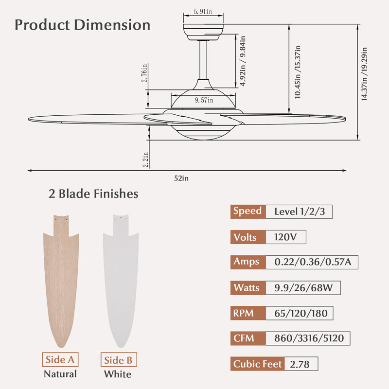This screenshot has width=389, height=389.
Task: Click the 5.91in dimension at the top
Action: pyautogui.click(x=203, y=11)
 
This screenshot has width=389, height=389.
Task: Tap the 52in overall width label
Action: pyautogui.click(x=181, y=178)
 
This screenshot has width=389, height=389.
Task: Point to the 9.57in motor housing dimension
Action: pyautogui.click(x=204, y=100)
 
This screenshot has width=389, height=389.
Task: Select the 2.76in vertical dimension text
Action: pyautogui.click(x=144, y=72)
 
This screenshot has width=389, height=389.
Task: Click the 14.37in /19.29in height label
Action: pyautogui.click(x=364, y=74)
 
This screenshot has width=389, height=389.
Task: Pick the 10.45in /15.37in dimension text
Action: pyautogui.click(x=298, y=72)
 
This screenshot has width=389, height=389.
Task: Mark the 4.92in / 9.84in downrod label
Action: pyautogui.click(x=243, y=61)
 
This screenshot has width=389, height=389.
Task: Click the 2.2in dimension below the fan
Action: pyautogui.click(x=145, y=160)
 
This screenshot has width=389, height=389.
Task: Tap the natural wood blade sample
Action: pyautogui.click(x=61, y=281)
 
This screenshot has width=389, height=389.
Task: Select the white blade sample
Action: pyautogui.click(x=121, y=281)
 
